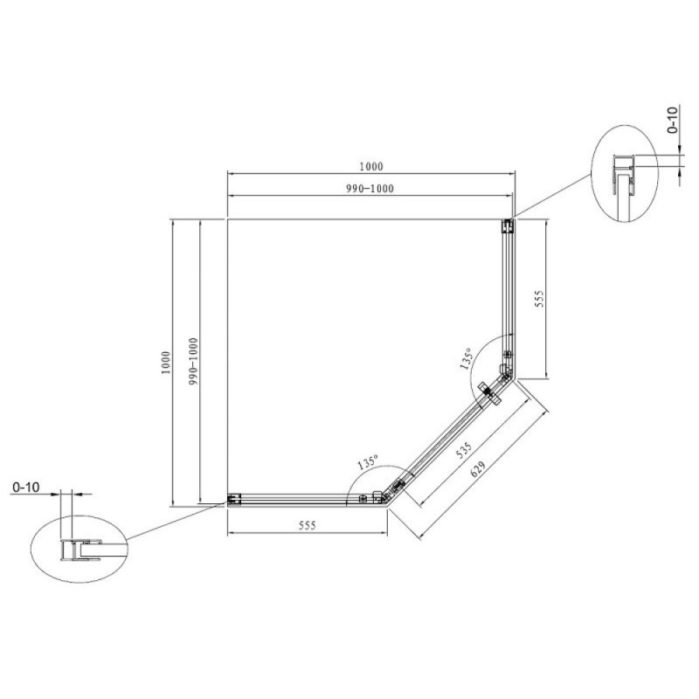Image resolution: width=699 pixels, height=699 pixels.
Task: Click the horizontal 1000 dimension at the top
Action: [370, 167]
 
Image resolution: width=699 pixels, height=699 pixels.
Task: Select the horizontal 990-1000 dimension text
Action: [370, 189]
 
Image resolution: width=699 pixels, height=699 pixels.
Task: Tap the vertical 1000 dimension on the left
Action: [166, 363]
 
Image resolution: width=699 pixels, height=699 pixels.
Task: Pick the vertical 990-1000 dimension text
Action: [193, 362]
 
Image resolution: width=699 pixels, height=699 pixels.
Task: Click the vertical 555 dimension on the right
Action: [539, 299]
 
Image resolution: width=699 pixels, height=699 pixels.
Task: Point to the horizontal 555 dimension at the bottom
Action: [308, 526]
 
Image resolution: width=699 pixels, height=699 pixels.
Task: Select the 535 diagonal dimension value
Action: [464, 451]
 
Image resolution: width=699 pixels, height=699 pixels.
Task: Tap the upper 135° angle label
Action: [466, 359]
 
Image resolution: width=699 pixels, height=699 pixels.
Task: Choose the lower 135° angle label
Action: [368, 462]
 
